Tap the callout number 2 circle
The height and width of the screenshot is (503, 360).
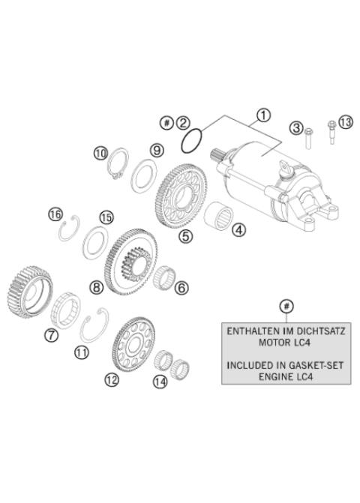[184, 122]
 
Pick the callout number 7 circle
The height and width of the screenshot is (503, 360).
[51, 335]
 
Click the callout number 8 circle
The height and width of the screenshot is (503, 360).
[96, 286]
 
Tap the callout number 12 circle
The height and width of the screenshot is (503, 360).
[111, 379]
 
